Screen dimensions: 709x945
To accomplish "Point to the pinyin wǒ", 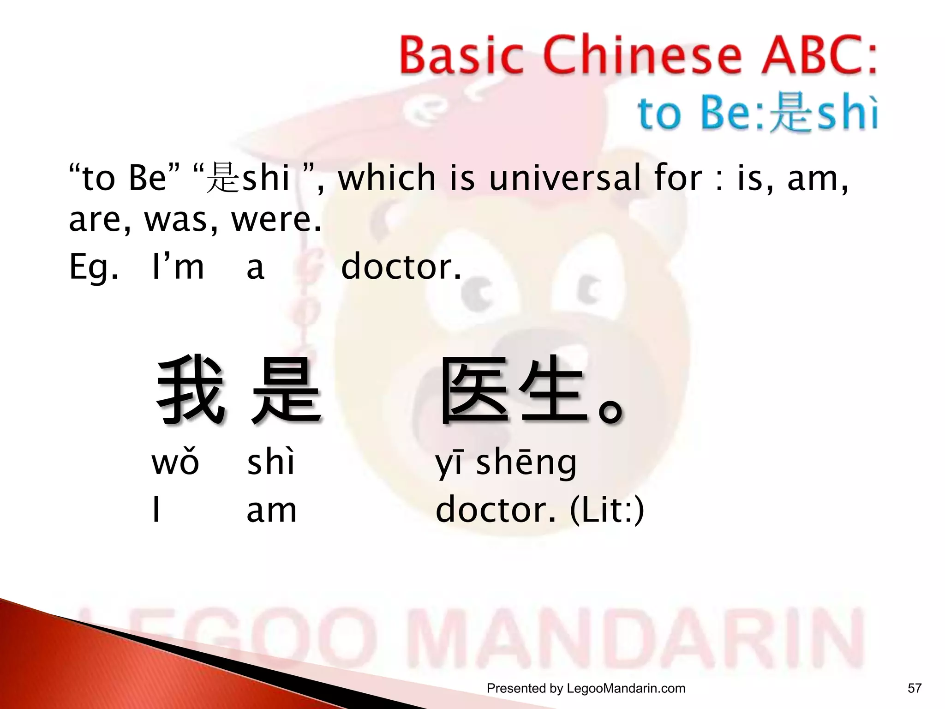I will click(x=175, y=463).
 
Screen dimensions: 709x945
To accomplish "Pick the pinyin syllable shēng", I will click(x=526, y=463).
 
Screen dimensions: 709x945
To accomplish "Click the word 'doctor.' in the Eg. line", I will click(x=401, y=267).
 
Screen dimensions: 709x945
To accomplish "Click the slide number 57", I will click(x=914, y=688).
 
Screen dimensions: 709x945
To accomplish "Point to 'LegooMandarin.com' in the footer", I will click(x=626, y=688).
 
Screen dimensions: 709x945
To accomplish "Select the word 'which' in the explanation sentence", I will click(x=387, y=178).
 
